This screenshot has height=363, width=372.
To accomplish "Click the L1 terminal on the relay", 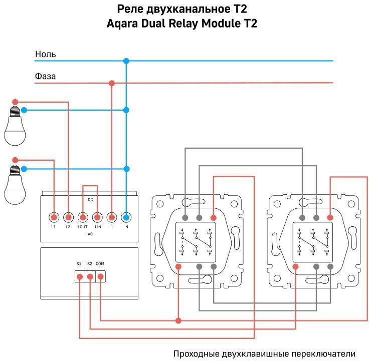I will point(54,218).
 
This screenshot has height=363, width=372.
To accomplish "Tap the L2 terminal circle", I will point(68,218).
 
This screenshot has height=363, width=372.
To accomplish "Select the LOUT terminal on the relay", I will point(83,218).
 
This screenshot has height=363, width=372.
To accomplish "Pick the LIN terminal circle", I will point(98,218).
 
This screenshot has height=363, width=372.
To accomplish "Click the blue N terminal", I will point(126,218).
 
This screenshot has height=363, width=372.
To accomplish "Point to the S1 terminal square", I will point(79,276).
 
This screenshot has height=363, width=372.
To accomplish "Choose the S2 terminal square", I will point(90,276).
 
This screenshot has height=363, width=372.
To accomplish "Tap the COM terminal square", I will point(100,276).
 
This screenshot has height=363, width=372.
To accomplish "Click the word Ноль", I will point(46,54).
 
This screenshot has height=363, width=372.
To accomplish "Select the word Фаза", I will point(46,77).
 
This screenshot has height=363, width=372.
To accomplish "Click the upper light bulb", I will point(15,125).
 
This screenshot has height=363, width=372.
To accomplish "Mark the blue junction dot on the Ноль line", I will point(126,61).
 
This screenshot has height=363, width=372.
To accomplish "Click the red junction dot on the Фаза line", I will point(112,83).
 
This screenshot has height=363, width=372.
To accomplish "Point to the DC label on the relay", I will point(90,200).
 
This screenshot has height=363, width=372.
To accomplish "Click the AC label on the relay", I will point(90,234).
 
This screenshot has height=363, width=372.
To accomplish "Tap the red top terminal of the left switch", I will point(214,218).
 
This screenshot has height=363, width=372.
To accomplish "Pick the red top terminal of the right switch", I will point(330,218).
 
